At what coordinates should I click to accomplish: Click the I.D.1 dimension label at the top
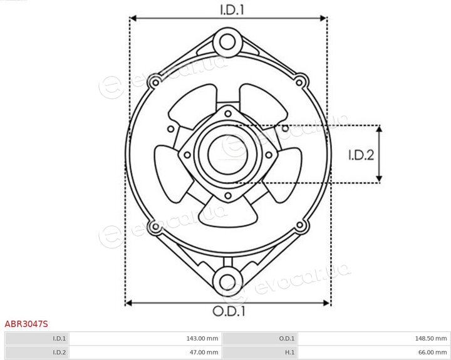click(x=232, y=10)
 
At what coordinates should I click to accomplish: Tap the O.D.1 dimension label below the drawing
click(x=229, y=311)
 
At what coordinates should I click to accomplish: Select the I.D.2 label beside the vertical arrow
click(x=361, y=155)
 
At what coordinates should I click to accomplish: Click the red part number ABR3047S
click(x=26, y=324)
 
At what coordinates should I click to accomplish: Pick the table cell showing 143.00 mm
click(x=145, y=339)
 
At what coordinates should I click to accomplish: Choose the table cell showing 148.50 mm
click(x=373, y=339)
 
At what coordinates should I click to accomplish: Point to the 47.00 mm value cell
click(x=145, y=352)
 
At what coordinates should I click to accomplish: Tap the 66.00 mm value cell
click(x=373, y=352)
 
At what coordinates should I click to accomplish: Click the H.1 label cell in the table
click(x=261, y=352)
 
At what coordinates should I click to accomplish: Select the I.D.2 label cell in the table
click(x=37, y=352)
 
